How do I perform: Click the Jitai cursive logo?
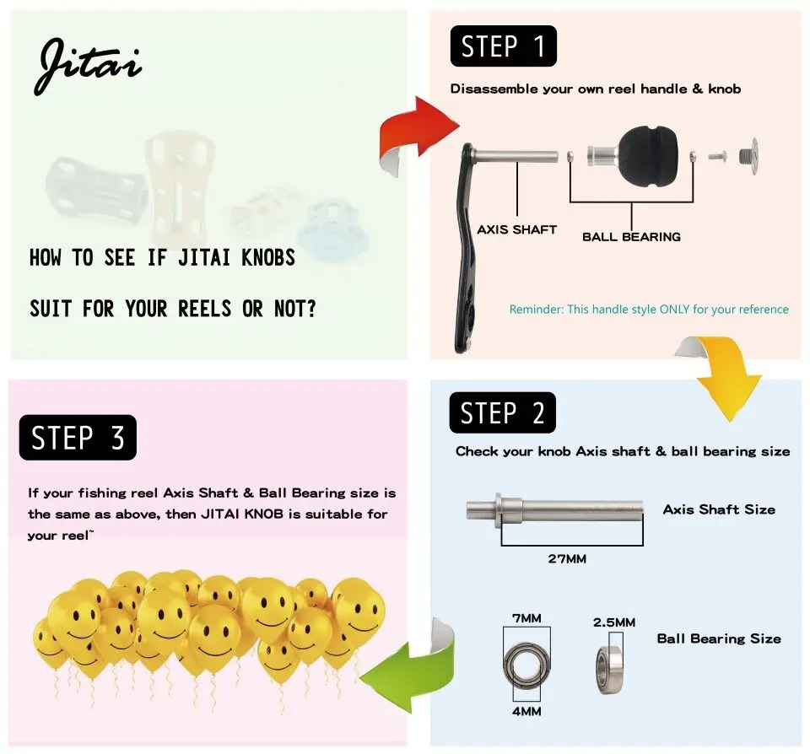88,66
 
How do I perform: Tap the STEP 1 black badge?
503,46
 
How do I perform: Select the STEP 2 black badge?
503,412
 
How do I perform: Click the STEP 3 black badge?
78,438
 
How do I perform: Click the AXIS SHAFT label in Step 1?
516,229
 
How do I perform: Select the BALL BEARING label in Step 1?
631,237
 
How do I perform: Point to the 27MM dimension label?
567,559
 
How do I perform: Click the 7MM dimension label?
526,619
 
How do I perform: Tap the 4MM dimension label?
526,712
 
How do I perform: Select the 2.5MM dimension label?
614,622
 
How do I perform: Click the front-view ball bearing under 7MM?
526,665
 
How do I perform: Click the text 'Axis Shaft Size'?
719,509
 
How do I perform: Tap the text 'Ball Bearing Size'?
719,638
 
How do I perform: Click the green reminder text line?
649,310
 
